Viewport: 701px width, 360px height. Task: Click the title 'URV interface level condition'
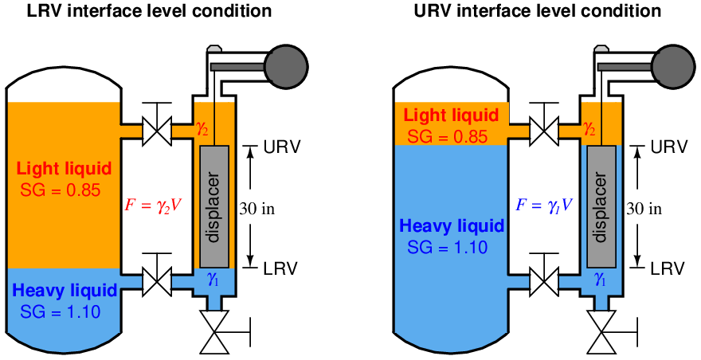538,11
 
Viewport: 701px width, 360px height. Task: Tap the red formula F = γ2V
153,205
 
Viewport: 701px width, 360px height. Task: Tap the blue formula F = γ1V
544,205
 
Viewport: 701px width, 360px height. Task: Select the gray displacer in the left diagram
213,206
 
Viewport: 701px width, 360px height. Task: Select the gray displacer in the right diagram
602,206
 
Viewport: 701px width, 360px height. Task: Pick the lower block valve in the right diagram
545,281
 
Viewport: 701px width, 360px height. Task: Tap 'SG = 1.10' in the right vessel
447,247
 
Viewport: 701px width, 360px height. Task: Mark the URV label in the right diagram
668,148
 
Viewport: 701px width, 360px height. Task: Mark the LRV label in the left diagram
280,268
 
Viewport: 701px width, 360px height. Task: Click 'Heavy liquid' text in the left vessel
65,290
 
